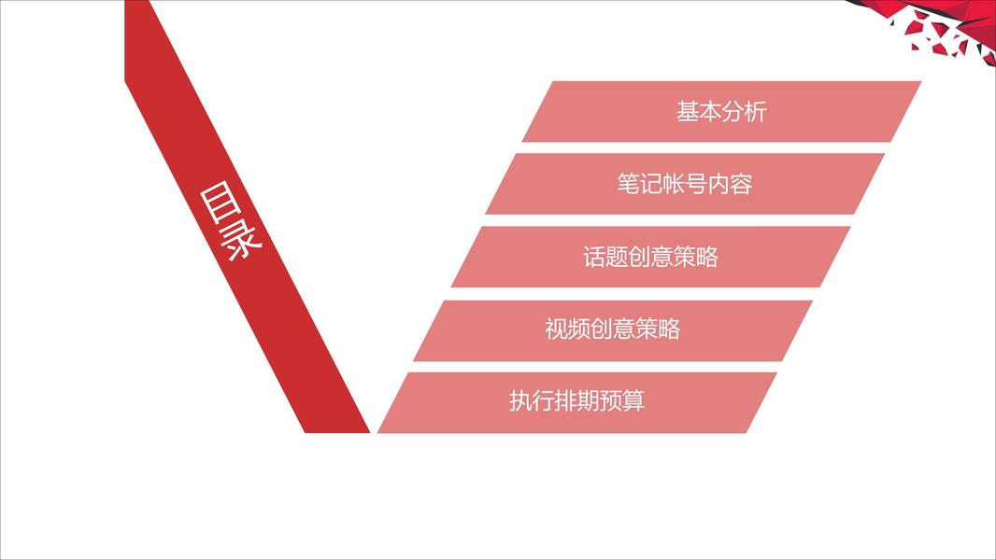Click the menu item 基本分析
pyautogui.click(x=721, y=112)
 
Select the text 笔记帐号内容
pyautogui.click(x=684, y=184)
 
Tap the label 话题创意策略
pyautogui.click(x=650, y=257)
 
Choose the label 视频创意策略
pyautogui.click(x=612, y=329)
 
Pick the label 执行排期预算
pyautogui.click(x=576, y=402)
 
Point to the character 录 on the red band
pyautogui.click(x=242, y=241)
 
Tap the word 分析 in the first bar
pyautogui.click(x=744, y=112)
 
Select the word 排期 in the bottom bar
pyautogui.click(x=576, y=402)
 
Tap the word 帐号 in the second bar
pyautogui.click(x=684, y=184)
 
